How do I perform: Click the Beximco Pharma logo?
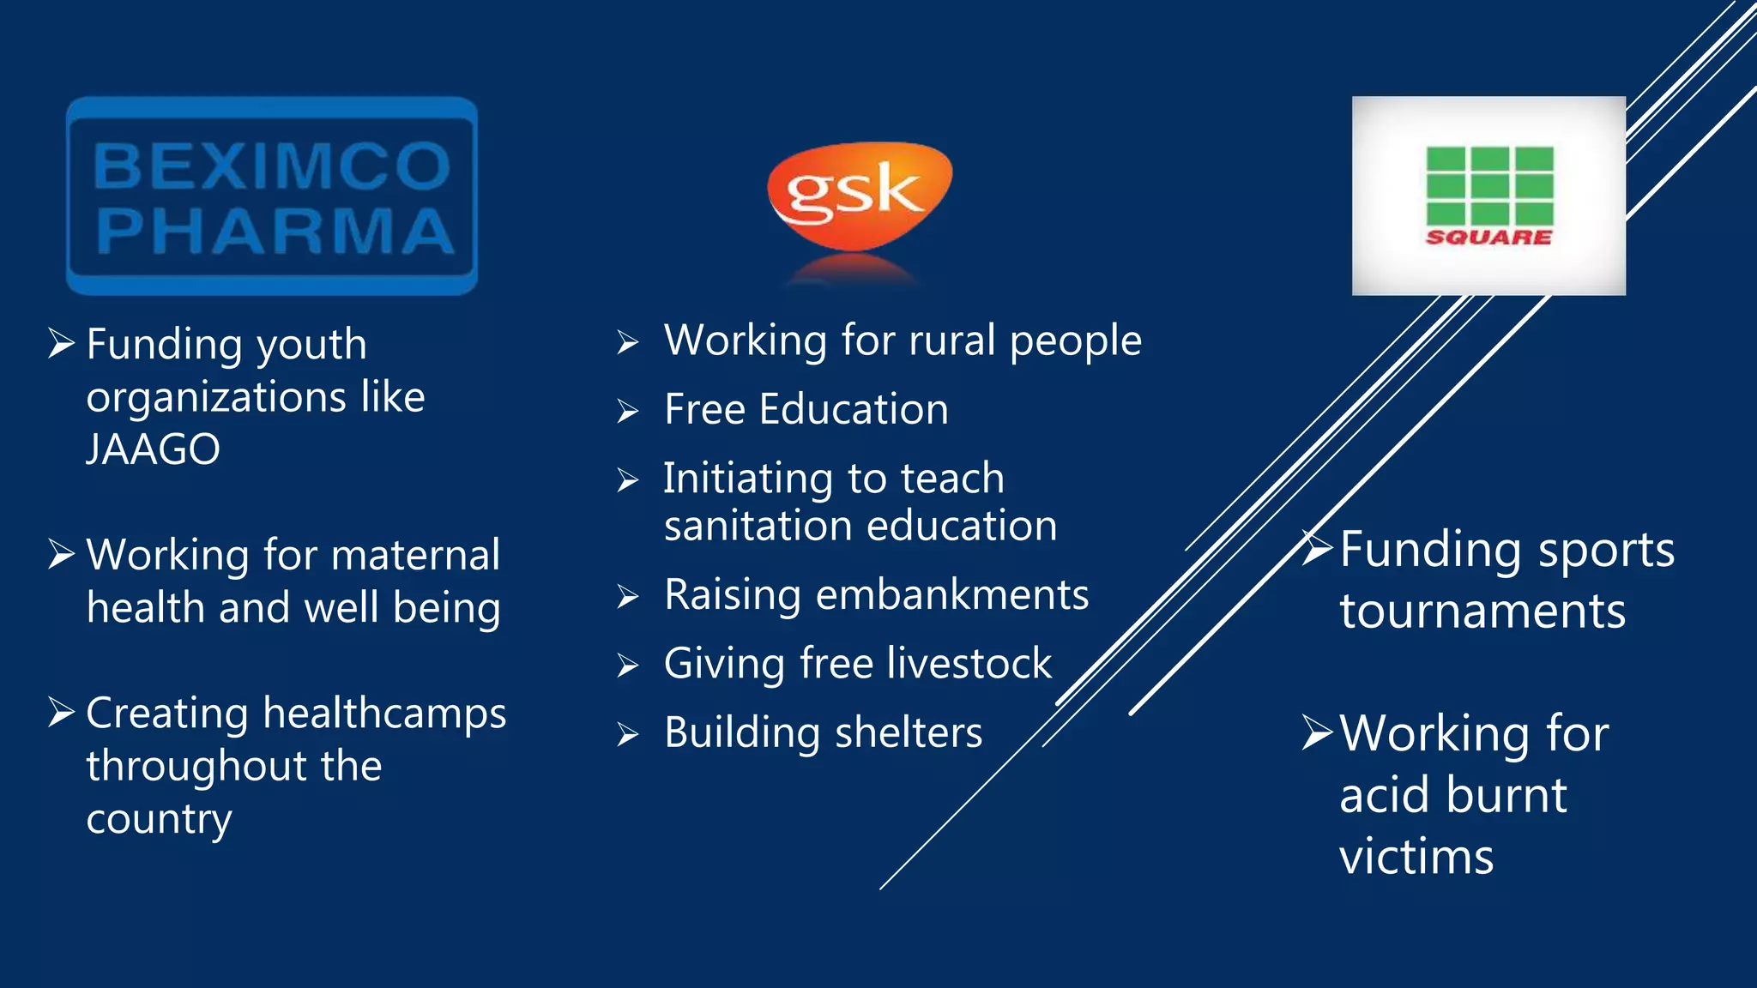coord(272,196)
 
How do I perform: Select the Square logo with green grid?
coord(1488,196)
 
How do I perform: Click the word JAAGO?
coord(154,449)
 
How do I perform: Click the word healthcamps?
coord(384,714)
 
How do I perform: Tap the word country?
coord(159,820)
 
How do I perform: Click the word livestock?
coord(969,663)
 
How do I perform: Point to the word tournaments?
coord(1482,611)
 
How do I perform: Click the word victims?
coord(1416,857)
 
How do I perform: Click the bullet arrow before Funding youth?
coord(62,343)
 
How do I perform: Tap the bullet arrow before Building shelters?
coord(628,735)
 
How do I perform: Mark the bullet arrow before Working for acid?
coord(1317,732)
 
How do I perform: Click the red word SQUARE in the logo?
coord(1488,238)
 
